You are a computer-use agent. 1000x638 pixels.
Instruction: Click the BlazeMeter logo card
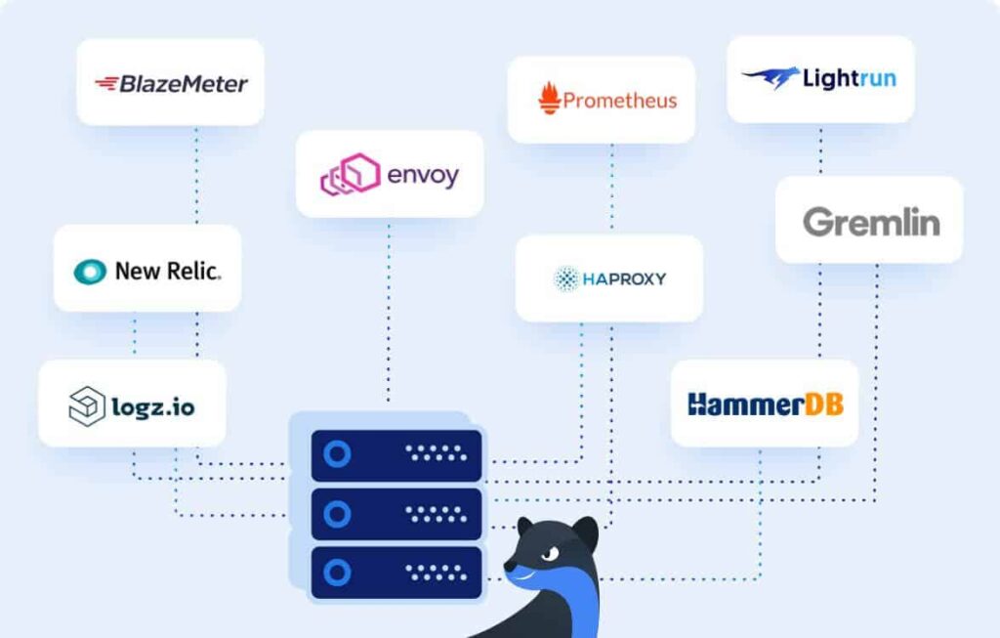170,83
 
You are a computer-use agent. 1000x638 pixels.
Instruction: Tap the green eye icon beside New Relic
90,272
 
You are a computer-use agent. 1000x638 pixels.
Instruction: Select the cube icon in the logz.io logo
86,405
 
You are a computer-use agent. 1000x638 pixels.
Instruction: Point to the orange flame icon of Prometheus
549,99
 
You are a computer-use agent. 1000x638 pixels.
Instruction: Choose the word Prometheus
620,100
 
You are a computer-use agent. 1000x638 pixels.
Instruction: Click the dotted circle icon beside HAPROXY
566,279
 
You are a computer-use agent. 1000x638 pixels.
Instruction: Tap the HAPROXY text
624,279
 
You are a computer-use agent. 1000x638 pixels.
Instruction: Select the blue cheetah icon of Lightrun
771,78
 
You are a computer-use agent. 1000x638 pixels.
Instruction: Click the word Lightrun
849,78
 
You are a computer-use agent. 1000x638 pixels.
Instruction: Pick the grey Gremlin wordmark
870,222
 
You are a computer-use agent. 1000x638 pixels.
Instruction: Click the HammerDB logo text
765,404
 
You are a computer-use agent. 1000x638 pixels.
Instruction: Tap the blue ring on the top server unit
338,454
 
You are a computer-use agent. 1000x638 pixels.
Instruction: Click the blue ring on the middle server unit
338,513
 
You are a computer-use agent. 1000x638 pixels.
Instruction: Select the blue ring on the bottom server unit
338,572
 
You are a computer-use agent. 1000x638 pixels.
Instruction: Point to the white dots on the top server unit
436,454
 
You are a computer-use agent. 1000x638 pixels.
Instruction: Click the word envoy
422,177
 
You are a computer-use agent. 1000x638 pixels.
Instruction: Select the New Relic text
168,272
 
